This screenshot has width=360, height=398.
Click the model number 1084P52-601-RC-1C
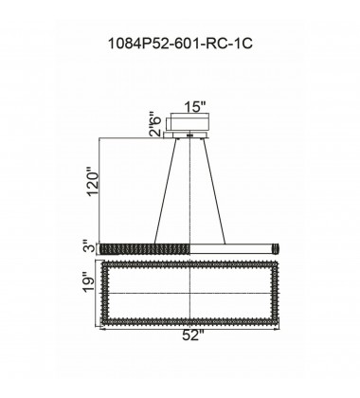tap(180, 44)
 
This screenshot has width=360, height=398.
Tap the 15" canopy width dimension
tap(195, 107)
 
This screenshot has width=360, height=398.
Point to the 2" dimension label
tap(155, 131)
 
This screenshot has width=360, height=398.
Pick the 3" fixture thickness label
tap(91, 247)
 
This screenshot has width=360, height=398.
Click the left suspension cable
tap(165, 191)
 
